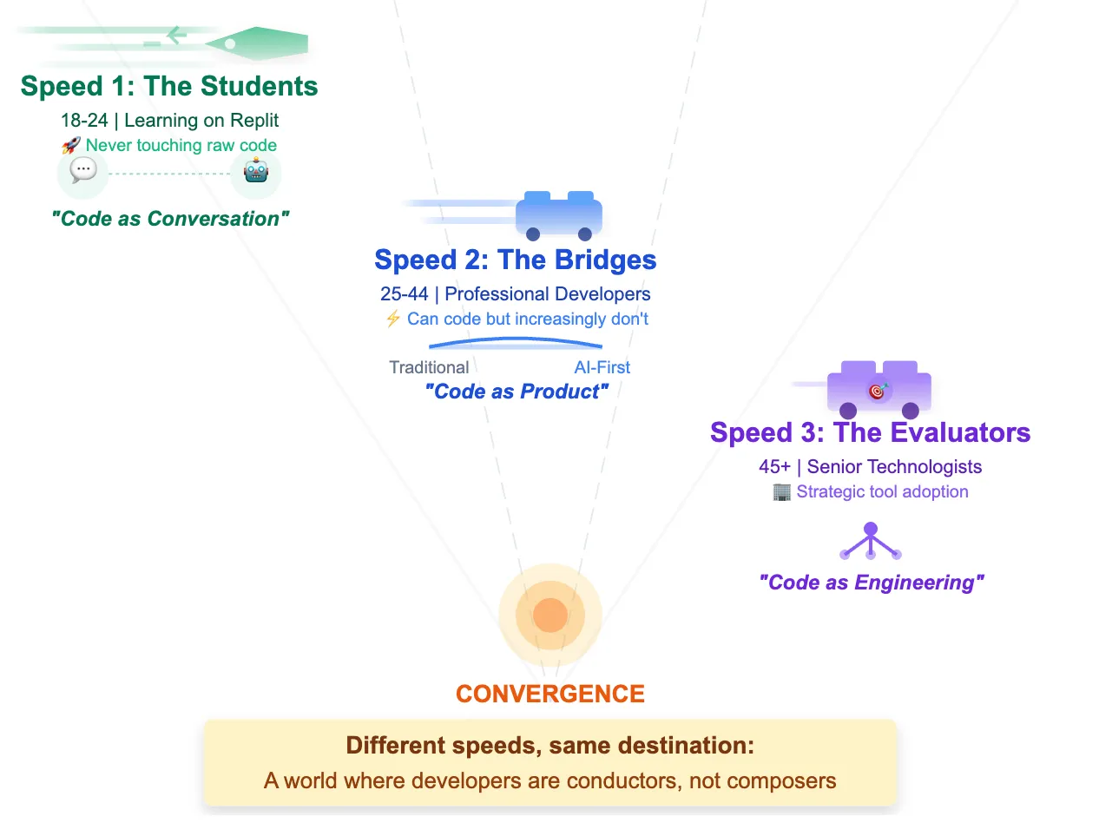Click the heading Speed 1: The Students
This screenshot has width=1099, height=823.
click(169, 87)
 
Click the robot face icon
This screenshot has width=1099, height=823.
click(256, 172)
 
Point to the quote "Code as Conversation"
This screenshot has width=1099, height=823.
click(169, 219)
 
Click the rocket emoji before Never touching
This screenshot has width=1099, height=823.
click(71, 146)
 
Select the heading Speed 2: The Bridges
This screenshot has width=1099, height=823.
click(515, 260)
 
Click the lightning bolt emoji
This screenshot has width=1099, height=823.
click(392, 319)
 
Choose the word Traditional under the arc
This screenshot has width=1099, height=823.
click(429, 367)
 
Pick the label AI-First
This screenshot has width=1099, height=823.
click(602, 367)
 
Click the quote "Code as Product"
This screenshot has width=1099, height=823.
click(517, 392)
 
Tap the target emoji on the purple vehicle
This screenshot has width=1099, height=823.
click(878, 392)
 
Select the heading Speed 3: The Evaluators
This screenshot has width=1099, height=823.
click(870, 432)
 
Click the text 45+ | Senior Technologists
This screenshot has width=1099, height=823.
click(870, 467)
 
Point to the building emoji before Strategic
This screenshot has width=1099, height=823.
click(781, 492)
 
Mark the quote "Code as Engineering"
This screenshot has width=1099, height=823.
click(871, 583)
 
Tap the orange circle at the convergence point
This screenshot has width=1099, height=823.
click(549, 616)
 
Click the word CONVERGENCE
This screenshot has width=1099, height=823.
click(549, 695)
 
